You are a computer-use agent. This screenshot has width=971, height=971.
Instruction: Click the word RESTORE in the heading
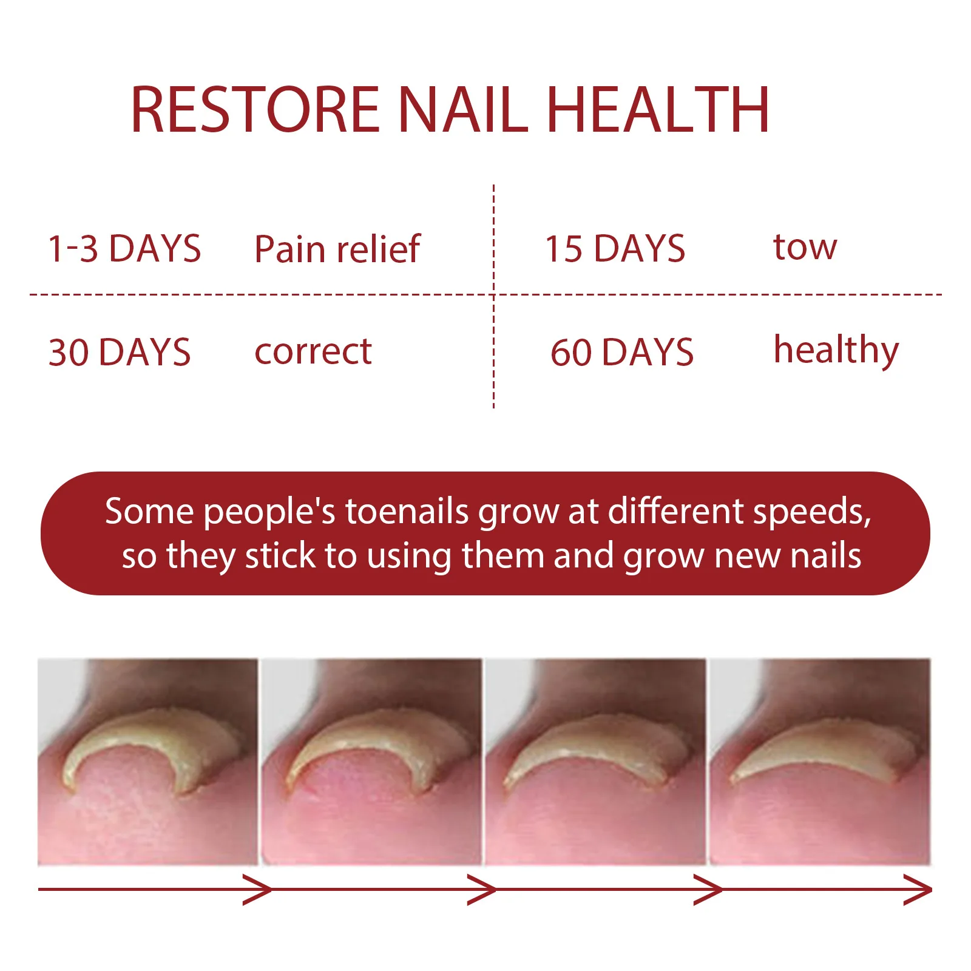[255, 110]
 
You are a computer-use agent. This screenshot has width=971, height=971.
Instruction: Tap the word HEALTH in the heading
[658, 110]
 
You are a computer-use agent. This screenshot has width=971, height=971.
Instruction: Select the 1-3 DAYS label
[124, 249]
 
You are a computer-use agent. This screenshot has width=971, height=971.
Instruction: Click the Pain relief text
[337, 249]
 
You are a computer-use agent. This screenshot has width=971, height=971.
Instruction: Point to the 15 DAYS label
[615, 249]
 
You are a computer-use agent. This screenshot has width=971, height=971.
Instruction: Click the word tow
[805, 248]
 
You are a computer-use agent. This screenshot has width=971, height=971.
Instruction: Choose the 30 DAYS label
[120, 353]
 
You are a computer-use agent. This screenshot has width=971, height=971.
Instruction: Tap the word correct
[313, 351]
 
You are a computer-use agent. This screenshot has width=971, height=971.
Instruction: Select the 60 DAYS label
[621, 353]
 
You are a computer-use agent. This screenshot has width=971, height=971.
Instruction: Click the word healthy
[836, 351]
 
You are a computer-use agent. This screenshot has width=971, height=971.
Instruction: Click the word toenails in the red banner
[407, 511]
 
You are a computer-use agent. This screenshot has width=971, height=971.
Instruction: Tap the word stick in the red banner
[280, 556]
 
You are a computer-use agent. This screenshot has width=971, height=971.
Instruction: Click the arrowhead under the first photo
[258, 890]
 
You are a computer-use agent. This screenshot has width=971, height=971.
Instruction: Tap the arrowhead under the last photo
[918, 890]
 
